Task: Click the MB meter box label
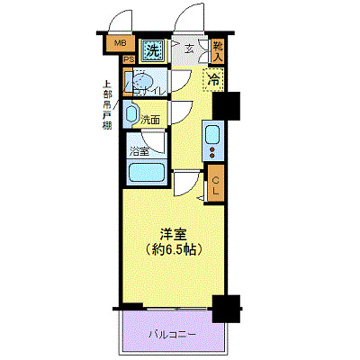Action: pos(119,41)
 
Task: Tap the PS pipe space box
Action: pos(129,59)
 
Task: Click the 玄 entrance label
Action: pos(190,49)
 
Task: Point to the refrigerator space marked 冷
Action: pos(214,80)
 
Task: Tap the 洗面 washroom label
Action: pos(151,119)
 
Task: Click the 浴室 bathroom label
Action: pos(139,149)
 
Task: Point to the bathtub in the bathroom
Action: pos(144,174)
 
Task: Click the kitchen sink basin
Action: pos(213,135)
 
